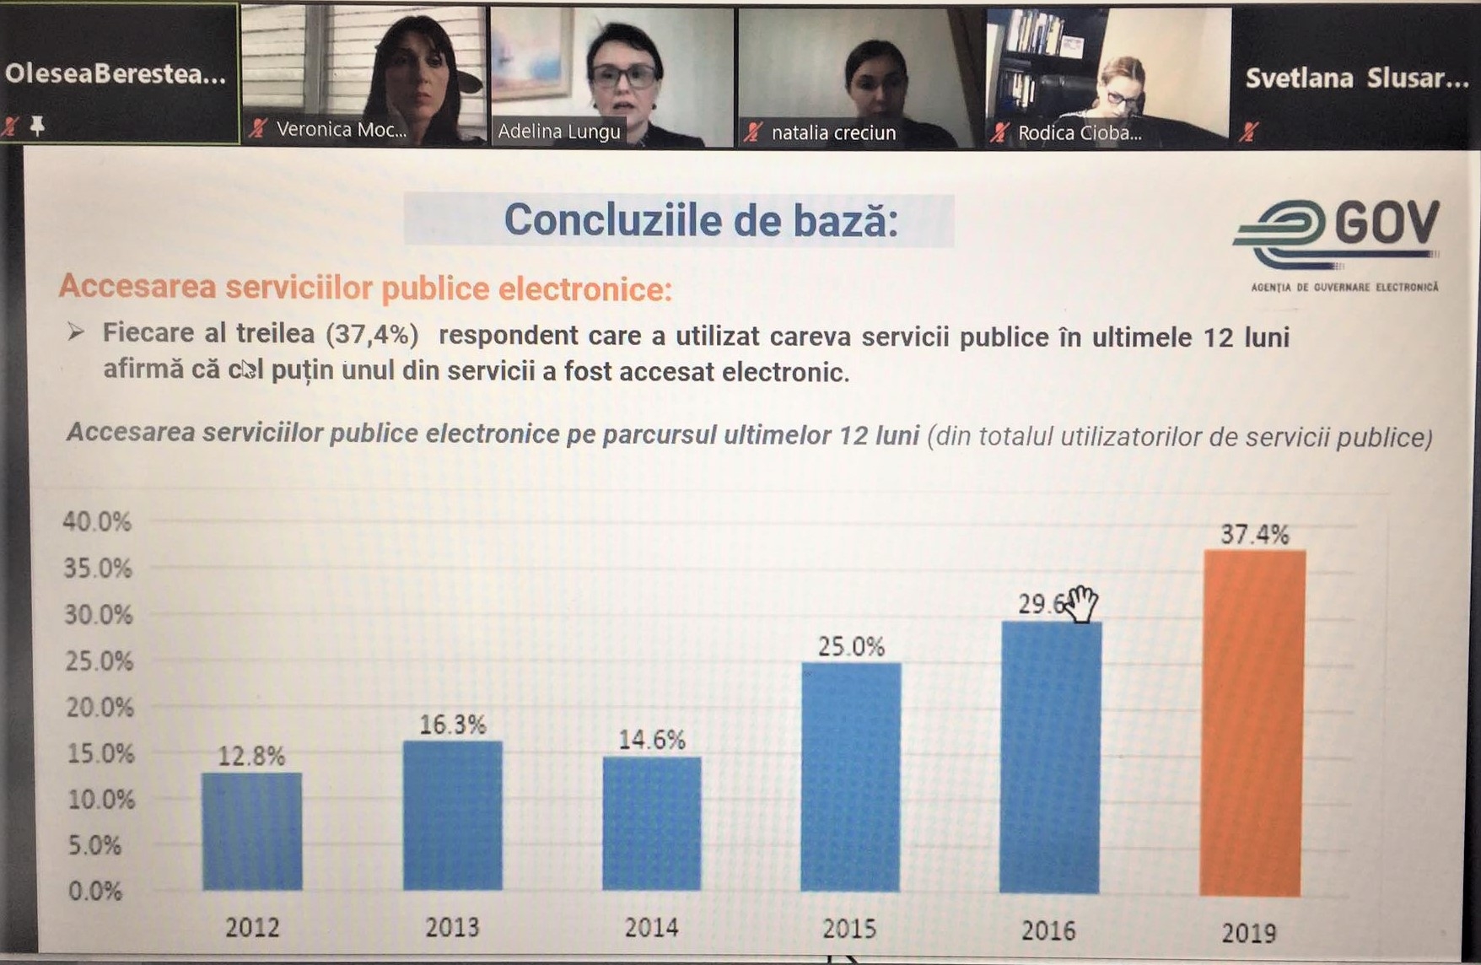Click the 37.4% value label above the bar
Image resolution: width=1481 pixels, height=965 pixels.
[1255, 534]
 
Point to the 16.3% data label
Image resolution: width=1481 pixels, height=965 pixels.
[453, 725]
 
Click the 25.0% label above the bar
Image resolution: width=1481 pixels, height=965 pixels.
[851, 647]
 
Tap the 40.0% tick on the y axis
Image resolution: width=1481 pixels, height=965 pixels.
[97, 521]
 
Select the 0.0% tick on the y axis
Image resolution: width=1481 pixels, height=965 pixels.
[94, 891]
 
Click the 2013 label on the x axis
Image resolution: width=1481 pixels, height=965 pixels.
[452, 928]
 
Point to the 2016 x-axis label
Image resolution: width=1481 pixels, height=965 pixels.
[1048, 930]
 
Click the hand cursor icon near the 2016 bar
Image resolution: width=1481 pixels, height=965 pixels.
[1081, 604]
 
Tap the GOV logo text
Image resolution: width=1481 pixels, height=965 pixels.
[1386, 224]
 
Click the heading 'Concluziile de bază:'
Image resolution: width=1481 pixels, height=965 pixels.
[701, 220]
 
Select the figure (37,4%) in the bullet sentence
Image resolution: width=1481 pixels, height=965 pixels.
[372, 334]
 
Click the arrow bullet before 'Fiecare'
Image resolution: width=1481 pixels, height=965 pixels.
[76, 332]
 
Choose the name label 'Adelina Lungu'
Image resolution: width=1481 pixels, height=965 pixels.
[559, 132]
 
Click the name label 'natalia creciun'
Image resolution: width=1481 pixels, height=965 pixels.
[833, 132]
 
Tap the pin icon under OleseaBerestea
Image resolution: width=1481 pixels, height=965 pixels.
[37, 127]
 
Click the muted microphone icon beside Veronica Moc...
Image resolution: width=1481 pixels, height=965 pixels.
[258, 129]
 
